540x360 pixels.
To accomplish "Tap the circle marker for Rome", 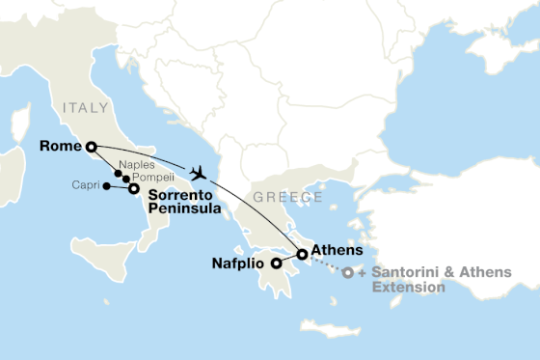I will point(91,147).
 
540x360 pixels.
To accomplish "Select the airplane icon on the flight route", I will point(199,173).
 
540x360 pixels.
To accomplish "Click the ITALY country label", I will point(84,108).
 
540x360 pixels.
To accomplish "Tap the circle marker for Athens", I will point(302,255).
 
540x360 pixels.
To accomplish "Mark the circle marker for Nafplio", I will point(276,262).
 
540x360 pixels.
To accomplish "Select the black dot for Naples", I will point(119,174).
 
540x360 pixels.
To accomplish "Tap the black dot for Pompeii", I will point(126,180).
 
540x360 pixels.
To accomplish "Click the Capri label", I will point(86,185).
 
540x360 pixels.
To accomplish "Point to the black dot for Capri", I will point(106,185).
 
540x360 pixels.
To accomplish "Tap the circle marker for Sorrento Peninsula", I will point(133,189).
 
